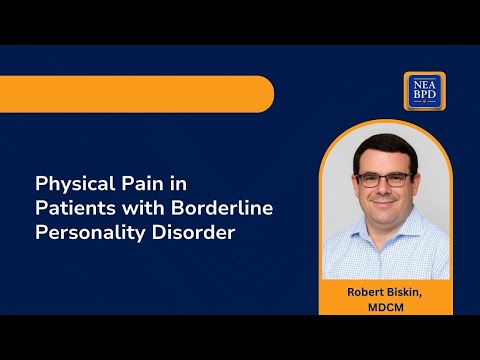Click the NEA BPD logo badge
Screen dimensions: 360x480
(x=424, y=91)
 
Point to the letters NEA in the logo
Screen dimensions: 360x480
(x=424, y=84)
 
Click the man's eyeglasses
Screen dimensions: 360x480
(x=383, y=179)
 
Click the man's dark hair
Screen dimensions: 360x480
(x=382, y=145)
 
